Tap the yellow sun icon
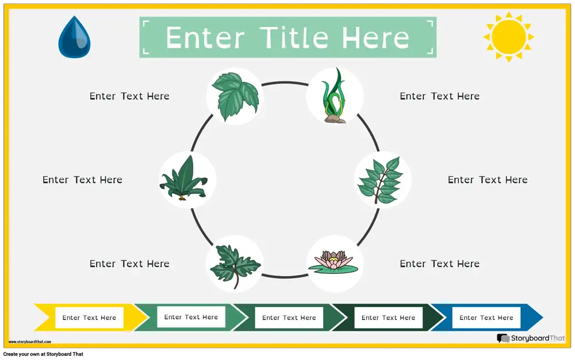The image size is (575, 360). pyautogui.click(x=509, y=37)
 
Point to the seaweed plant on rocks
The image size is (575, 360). pyautogui.click(x=334, y=95)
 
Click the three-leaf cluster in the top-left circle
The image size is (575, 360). pyautogui.click(x=235, y=97)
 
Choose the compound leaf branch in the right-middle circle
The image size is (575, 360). pyautogui.click(x=380, y=180)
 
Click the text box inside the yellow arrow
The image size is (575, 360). pyautogui.click(x=89, y=317)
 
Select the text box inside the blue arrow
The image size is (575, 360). pyautogui.click(x=486, y=317)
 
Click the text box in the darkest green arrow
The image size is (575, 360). pyautogui.click(x=388, y=317)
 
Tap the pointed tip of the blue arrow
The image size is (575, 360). pyautogui.click(x=542, y=317)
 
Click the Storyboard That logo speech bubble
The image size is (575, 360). pyautogui.click(x=503, y=338)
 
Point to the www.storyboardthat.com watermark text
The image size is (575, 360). pyautogui.click(x=30, y=342)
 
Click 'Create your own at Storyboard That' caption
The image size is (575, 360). pyautogui.click(x=43, y=354)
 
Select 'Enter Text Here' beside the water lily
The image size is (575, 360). pyautogui.click(x=440, y=263)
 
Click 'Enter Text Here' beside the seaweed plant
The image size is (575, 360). pyautogui.click(x=440, y=96)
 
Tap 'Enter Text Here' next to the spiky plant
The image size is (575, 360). pyautogui.click(x=82, y=179)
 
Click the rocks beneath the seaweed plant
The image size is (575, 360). pyautogui.click(x=335, y=119)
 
